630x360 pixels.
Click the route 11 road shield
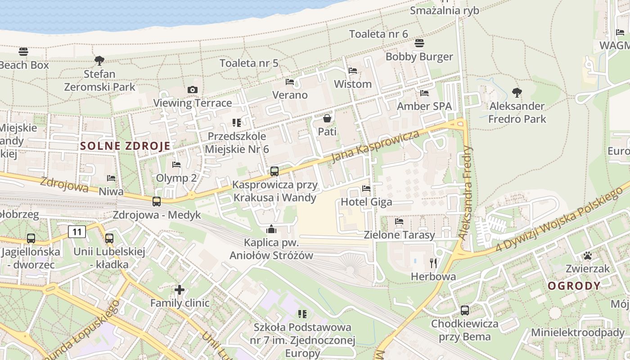click(x=77, y=232)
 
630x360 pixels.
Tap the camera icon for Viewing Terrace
click(x=193, y=90)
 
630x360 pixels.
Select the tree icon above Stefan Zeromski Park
click(x=99, y=60)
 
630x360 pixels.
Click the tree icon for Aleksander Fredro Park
click(x=517, y=93)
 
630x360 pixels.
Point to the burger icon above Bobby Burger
click(x=419, y=43)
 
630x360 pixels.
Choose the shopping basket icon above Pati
click(x=327, y=118)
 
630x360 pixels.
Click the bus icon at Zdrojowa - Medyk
click(x=157, y=202)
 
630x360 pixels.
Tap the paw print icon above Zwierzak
click(x=588, y=256)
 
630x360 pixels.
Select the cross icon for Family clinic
click(x=180, y=289)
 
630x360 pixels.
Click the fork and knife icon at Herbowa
click(x=434, y=263)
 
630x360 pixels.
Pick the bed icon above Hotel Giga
click(x=366, y=189)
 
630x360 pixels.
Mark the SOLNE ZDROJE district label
click(x=126, y=146)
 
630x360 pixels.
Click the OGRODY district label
click(x=574, y=286)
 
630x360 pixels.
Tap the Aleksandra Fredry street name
click(x=466, y=192)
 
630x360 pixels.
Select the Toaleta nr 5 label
click(x=249, y=63)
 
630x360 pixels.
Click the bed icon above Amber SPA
click(x=424, y=93)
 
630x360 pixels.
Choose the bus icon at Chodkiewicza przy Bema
click(x=465, y=310)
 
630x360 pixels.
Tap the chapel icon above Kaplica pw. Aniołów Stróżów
click(x=271, y=229)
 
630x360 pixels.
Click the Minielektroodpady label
click(x=578, y=333)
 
